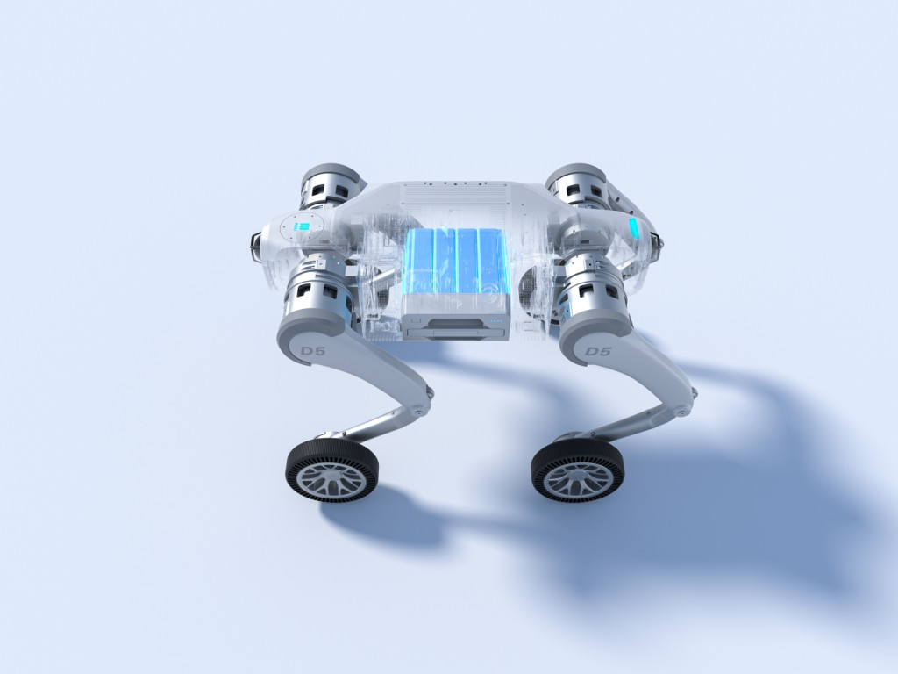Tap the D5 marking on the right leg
pyautogui.click(x=598, y=351)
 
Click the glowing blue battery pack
pyautogui.click(x=456, y=262)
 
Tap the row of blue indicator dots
pyautogui.click(x=497, y=320)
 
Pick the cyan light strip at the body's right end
pyautogui.click(x=633, y=227)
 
